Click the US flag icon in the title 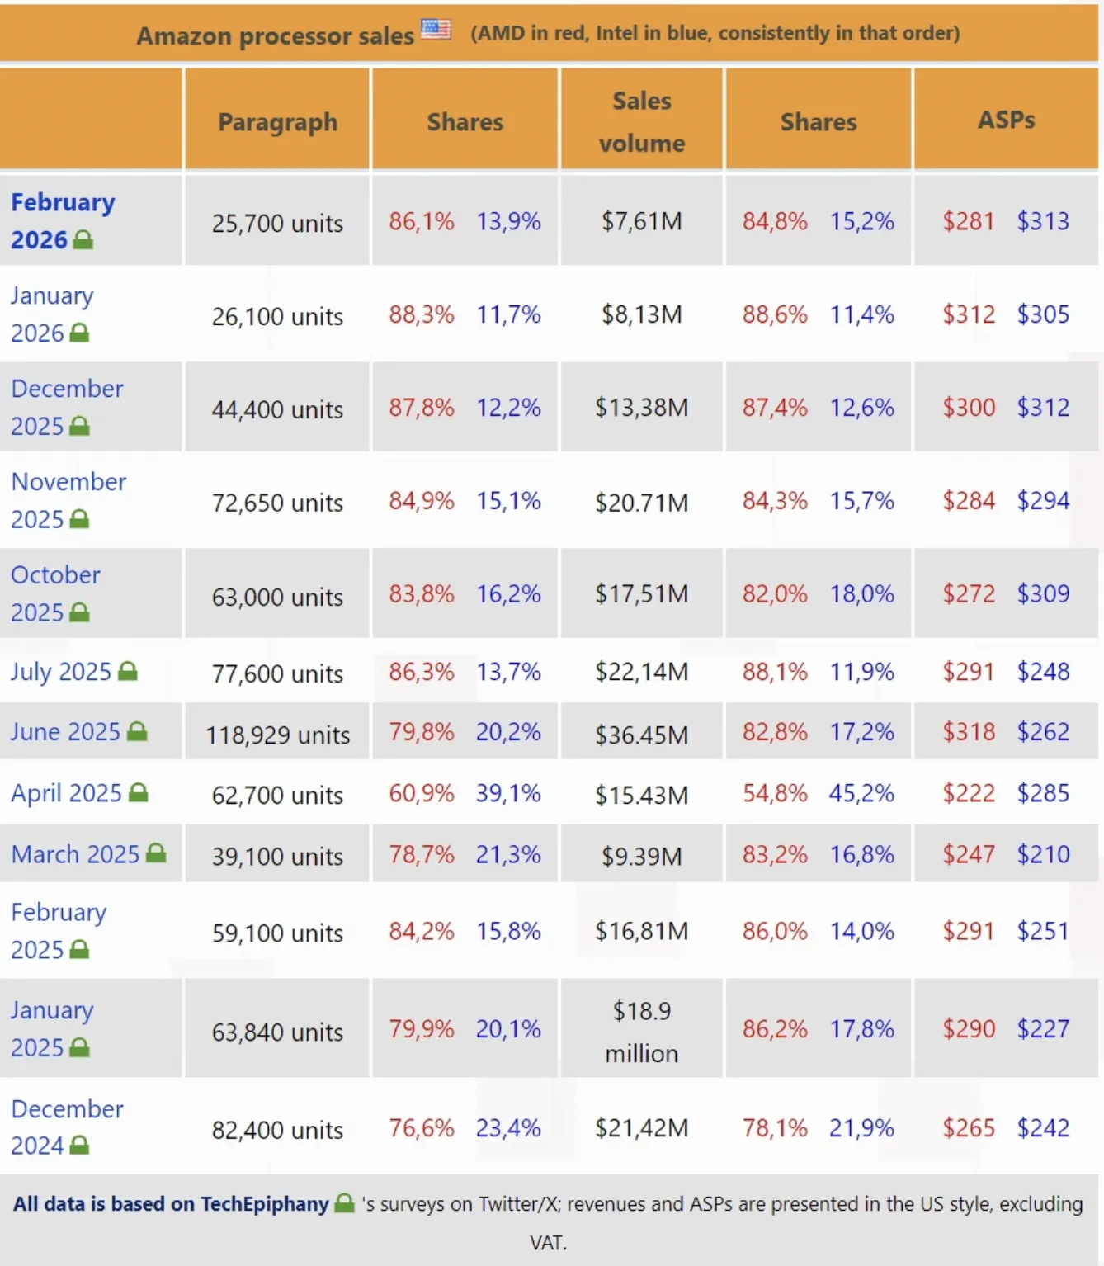(436, 30)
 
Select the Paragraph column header (277, 121)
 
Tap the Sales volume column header (641, 121)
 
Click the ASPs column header (1006, 120)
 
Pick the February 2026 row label (63, 220)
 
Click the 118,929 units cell (277, 735)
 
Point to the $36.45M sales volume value (641, 735)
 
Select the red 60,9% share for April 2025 (421, 794)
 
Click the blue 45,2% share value (861, 794)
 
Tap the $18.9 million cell (641, 1032)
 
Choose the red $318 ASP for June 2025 (969, 732)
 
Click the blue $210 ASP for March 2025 (1043, 855)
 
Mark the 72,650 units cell (277, 503)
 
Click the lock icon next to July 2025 (128, 671)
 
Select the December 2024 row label (66, 1127)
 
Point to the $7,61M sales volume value (641, 221)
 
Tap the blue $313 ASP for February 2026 (1043, 221)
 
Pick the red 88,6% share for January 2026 (774, 314)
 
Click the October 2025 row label (54, 593)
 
